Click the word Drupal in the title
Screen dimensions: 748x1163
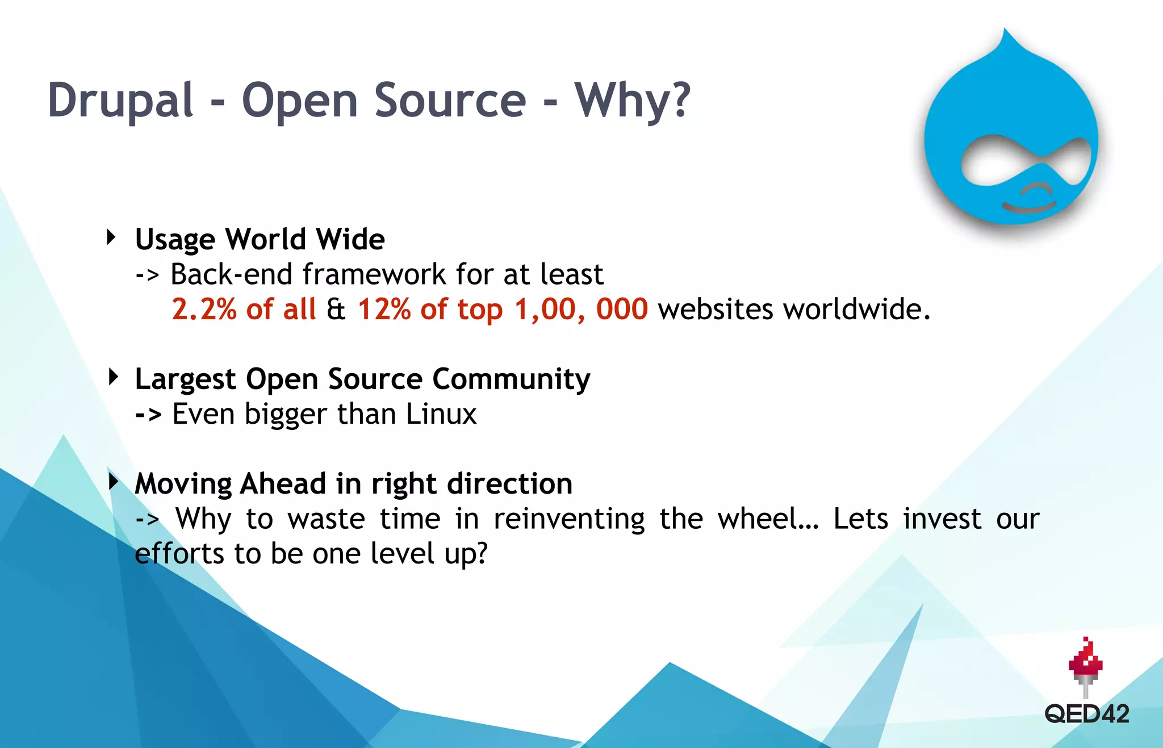coord(120,100)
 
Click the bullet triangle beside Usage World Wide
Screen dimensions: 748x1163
coord(111,237)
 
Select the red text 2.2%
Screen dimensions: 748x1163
coord(203,310)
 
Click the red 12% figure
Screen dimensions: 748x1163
coord(384,310)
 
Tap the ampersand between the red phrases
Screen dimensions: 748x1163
coord(336,310)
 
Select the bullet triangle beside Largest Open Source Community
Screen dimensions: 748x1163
coord(113,377)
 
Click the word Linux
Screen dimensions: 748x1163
coord(441,413)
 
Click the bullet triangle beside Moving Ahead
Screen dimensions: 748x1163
coord(113,482)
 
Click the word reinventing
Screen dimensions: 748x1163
coord(568,519)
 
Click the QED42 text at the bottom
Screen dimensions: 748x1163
coord(1086,714)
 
